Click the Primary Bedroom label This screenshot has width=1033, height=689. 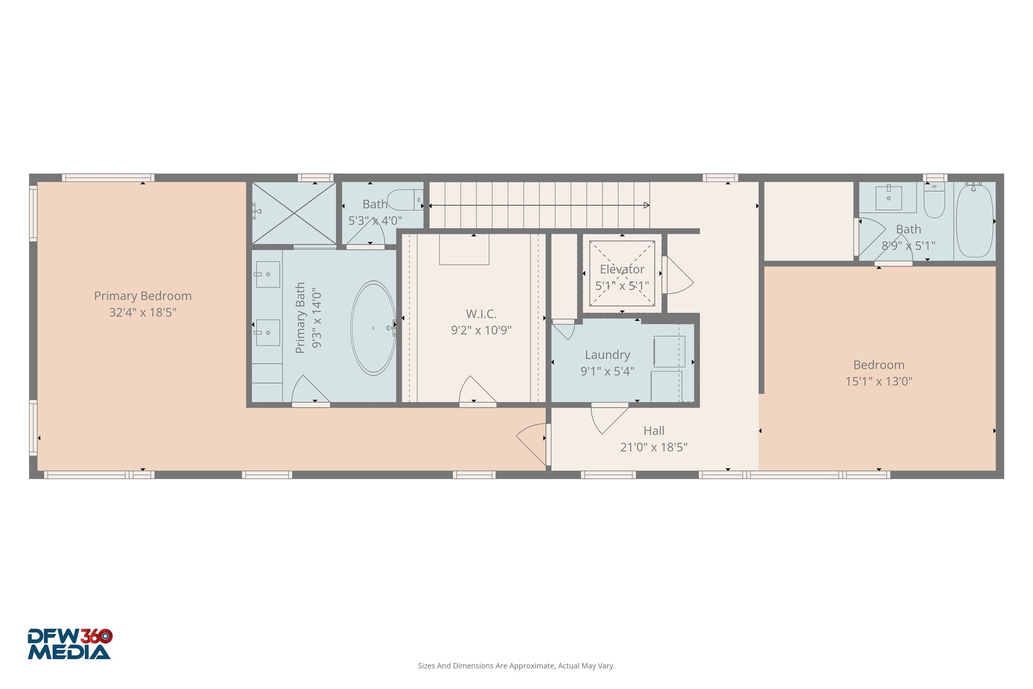[143, 296]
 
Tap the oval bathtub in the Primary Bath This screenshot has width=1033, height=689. [373, 328]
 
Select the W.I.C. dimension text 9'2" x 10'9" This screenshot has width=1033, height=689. [481, 330]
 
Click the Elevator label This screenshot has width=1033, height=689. [622, 269]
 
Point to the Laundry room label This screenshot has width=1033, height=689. [607, 355]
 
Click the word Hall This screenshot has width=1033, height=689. [654, 431]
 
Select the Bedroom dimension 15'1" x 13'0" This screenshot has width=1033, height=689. [879, 381]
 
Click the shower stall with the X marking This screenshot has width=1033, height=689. [294, 213]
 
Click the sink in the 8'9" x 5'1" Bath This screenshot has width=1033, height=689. [888, 198]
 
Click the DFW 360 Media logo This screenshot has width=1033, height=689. [69, 644]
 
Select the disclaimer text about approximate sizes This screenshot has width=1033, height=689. [516, 666]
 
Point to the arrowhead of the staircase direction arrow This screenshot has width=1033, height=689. [647, 206]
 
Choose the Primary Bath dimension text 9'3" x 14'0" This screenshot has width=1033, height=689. [316, 318]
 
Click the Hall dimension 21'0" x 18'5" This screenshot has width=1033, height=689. [654, 447]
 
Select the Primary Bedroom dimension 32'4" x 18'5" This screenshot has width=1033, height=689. [143, 313]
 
